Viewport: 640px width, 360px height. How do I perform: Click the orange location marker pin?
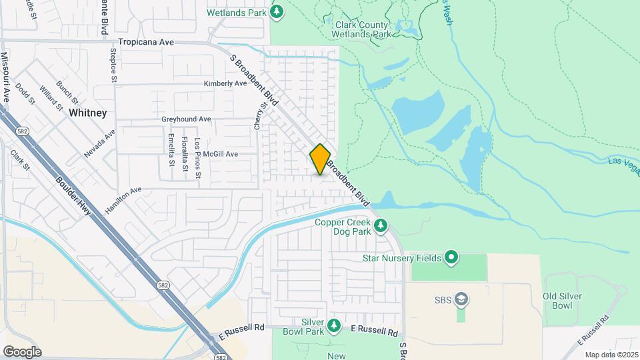321,159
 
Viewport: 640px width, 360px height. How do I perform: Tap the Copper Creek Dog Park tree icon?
381,226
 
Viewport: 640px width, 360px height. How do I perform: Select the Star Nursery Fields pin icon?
452,257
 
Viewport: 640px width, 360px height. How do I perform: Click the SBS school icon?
461,300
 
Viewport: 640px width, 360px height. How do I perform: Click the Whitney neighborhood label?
87,113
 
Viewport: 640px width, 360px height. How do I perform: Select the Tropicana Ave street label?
146,42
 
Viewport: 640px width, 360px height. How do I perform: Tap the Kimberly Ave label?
225,83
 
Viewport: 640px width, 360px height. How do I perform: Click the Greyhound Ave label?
186,119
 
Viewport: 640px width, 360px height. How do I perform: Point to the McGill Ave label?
221,153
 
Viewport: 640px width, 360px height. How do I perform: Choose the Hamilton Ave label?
123,199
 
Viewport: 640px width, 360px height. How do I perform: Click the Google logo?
22,351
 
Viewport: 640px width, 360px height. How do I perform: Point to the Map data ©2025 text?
611,355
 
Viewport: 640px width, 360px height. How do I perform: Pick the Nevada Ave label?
100,143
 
